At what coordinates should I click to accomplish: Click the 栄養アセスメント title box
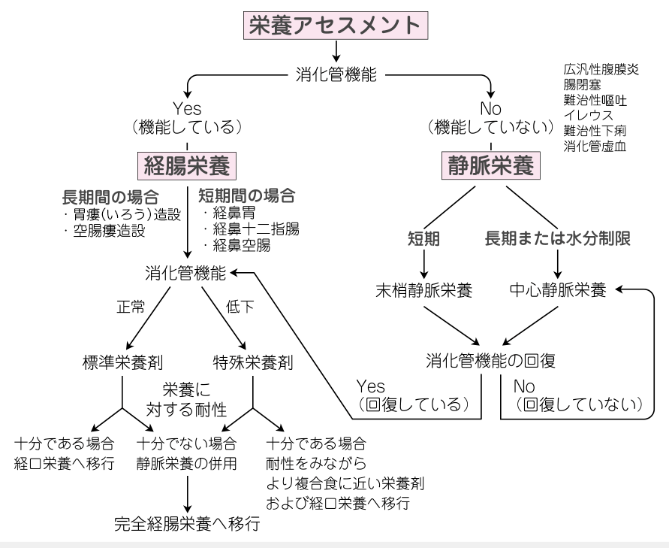(334, 24)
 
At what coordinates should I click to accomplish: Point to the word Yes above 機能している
(187, 109)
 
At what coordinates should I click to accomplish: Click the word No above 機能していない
(490, 109)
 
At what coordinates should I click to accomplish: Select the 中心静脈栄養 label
(557, 291)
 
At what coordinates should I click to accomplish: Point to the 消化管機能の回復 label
(490, 360)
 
